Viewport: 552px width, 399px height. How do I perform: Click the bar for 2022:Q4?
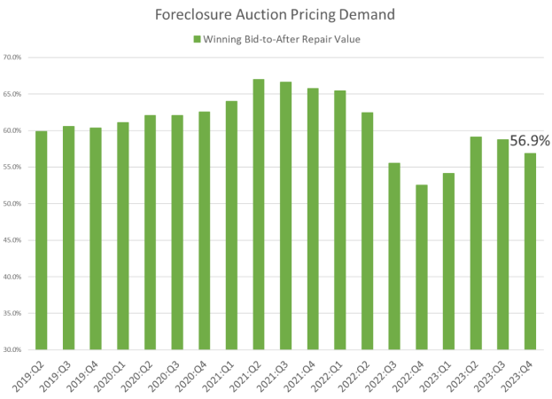tap(422, 267)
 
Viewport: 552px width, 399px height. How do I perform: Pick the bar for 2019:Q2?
tap(41, 240)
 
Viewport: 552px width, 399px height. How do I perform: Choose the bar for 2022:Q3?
tap(394, 256)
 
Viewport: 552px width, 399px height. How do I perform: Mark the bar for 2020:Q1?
tap(122, 236)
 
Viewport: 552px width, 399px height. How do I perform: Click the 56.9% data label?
tap(530, 140)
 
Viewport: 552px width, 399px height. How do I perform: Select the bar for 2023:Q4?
tap(531, 252)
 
